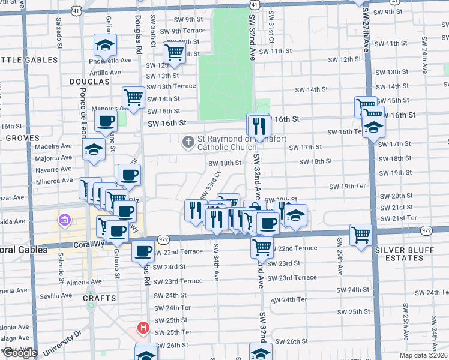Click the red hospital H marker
(143, 328)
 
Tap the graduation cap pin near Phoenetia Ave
(105, 45)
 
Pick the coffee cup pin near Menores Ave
(106, 121)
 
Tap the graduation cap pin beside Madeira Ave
(94, 148)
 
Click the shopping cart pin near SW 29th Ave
(361, 234)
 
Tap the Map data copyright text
(423, 355)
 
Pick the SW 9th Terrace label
(180, 31)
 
